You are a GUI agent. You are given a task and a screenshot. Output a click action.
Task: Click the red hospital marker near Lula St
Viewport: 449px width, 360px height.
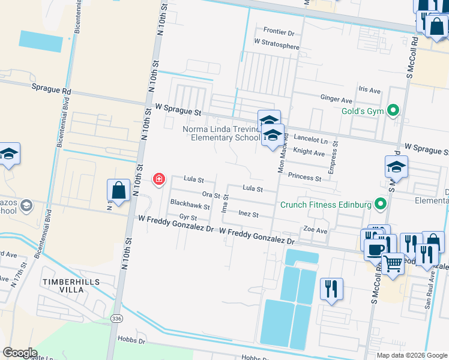pos(159,179)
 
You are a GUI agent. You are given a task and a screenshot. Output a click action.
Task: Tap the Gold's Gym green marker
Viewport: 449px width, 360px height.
pos(393,110)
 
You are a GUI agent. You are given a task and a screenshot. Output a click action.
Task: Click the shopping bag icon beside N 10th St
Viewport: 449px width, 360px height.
pos(119,190)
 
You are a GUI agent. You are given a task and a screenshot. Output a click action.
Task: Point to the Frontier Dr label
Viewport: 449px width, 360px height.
pos(279,31)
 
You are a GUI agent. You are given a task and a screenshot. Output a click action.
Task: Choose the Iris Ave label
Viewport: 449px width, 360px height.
pos(370,90)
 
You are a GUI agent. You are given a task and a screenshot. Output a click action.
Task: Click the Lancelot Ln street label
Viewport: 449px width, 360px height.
pos(311,140)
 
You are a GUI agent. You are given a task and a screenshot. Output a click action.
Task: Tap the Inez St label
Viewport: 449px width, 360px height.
pos(248,214)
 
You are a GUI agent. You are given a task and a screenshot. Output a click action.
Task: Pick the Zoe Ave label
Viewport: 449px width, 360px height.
pos(315,230)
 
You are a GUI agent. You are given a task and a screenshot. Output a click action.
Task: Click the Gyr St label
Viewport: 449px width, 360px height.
pos(188,217)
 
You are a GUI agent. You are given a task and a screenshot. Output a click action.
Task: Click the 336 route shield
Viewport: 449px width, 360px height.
pos(115,317)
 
